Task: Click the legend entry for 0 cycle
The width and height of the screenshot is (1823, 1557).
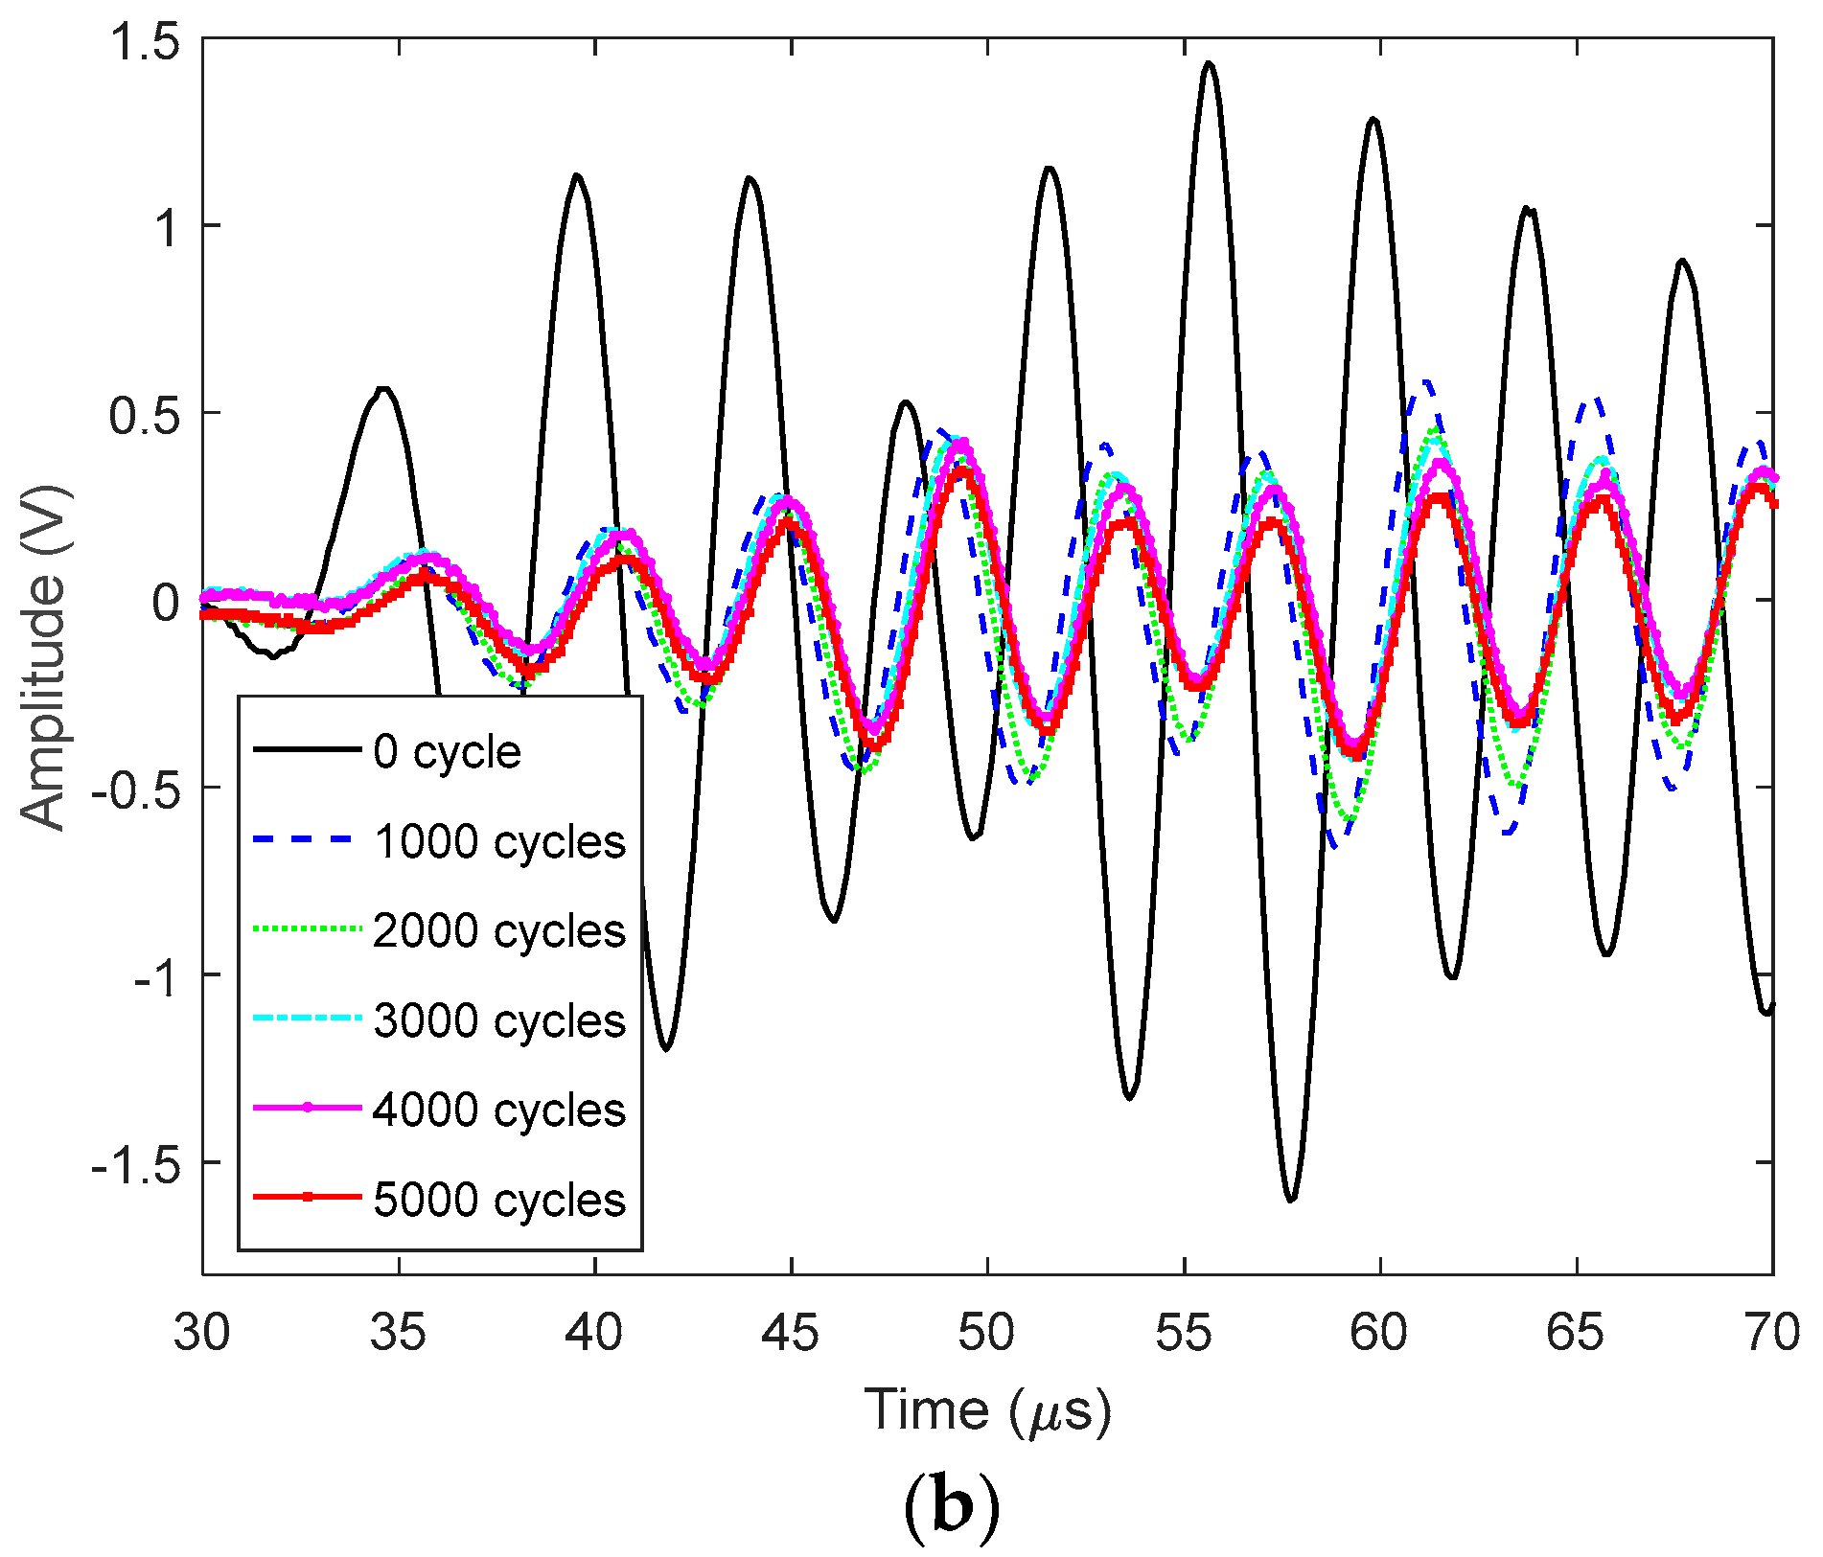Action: tap(447, 752)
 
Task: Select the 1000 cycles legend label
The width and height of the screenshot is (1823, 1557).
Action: tap(499, 842)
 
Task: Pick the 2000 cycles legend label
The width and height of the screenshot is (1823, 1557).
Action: tap(499, 931)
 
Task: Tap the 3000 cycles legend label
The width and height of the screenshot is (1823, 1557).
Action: tap(499, 1021)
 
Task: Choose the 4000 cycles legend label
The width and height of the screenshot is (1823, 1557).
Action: tap(499, 1111)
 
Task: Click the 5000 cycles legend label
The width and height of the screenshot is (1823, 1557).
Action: tap(499, 1201)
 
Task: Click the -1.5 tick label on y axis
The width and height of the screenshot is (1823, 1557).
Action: tap(134, 1163)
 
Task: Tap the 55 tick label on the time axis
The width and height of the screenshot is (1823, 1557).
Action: tap(1184, 1333)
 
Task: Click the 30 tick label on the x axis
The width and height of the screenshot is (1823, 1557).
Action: tap(202, 1333)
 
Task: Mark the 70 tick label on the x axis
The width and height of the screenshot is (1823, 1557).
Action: tap(1772, 1333)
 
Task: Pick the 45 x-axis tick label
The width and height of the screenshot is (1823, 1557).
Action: tap(791, 1333)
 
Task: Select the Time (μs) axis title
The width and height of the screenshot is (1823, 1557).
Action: tap(987, 1411)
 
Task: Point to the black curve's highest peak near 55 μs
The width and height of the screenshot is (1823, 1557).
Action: tap(1209, 64)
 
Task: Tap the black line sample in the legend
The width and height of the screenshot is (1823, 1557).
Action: tap(307, 749)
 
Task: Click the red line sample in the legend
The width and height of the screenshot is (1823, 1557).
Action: tap(307, 1198)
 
